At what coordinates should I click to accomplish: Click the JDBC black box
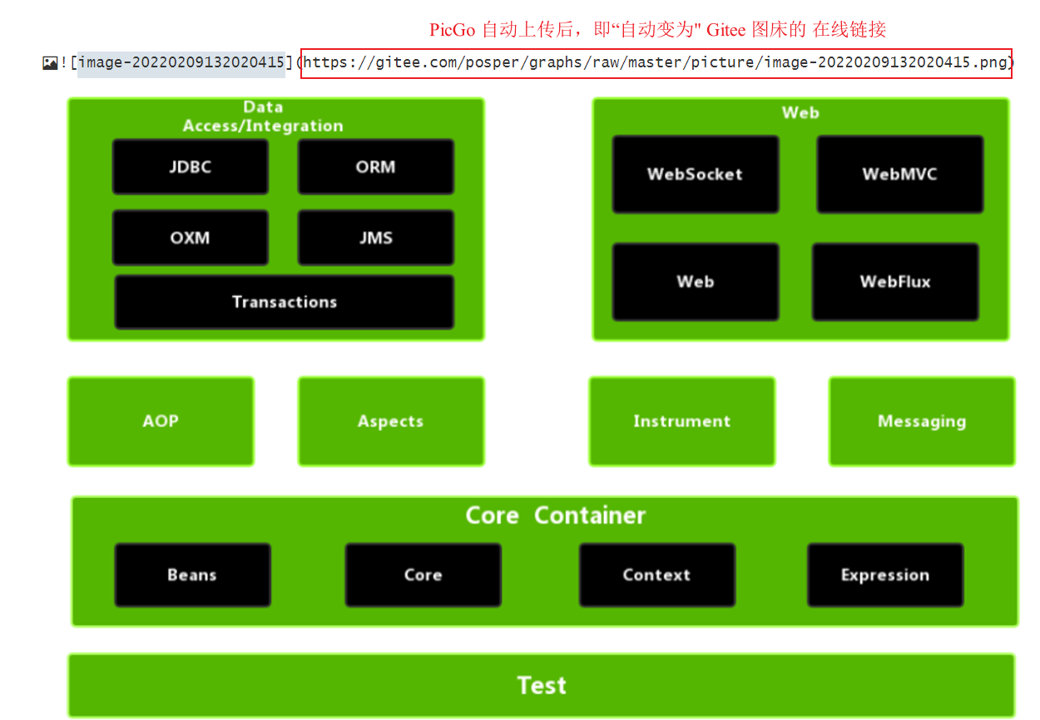(191, 166)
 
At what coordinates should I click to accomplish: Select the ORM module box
(375, 166)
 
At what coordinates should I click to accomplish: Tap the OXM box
(191, 238)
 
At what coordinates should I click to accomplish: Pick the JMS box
(375, 238)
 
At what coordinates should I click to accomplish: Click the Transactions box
(285, 302)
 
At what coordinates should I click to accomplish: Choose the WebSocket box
(695, 175)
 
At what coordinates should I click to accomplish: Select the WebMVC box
(899, 175)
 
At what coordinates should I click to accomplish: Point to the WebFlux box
(895, 282)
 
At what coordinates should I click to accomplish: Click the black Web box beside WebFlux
(695, 282)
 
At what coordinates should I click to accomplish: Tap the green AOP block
(161, 421)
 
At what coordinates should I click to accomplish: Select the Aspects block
(390, 421)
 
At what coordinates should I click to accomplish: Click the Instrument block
(681, 421)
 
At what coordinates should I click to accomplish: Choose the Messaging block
(922, 421)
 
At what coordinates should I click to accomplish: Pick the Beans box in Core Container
(192, 575)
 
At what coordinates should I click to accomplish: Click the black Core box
(423, 575)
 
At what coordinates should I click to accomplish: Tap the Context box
(656, 575)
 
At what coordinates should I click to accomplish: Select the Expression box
(885, 575)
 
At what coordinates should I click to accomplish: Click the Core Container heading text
(555, 515)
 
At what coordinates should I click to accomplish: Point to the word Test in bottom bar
(542, 685)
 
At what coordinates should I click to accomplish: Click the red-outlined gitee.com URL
(656, 62)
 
